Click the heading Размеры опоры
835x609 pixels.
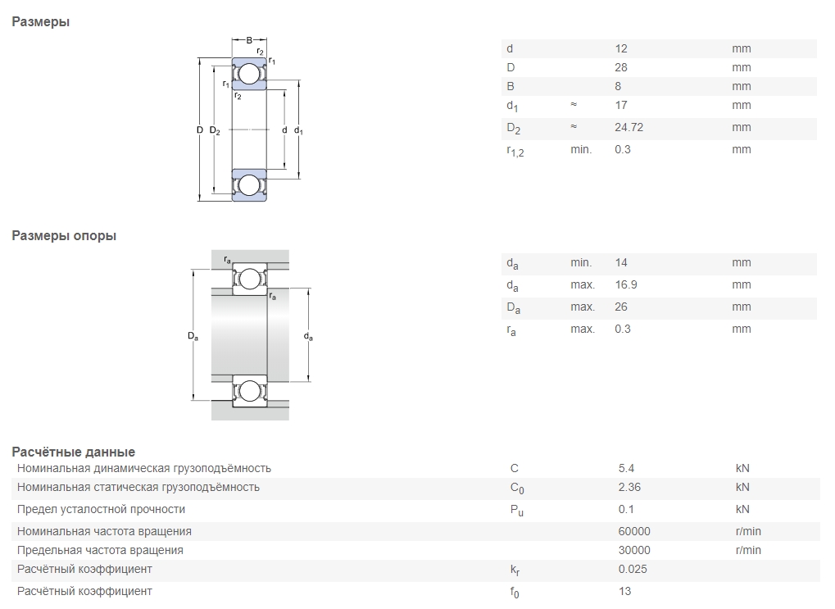click(64, 235)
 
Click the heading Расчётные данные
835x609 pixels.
click(74, 452)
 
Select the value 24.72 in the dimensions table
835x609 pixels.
click(629, 127)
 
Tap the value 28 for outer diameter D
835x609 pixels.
click(621, 68)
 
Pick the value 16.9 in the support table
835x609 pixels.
click(626, 284)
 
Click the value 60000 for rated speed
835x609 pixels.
click(634, 531)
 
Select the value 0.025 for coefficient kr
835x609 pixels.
click(633, 569)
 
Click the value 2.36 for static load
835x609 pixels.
click(629, 487)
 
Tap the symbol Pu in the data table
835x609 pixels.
click(516, 511)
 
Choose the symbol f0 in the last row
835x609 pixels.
click(515, 593)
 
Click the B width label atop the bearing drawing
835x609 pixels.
click(249, 40)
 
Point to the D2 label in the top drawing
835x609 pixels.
click(215, 130)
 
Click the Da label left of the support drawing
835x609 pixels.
click(193, 336)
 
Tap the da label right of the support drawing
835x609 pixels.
click(308, 336)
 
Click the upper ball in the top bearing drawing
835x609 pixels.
click(248, 74)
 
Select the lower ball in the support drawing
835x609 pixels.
click(249, 391)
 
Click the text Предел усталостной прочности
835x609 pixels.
click(101, 509)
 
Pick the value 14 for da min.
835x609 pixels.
click(621, 262)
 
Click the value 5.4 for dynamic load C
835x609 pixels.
click(626, 468)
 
